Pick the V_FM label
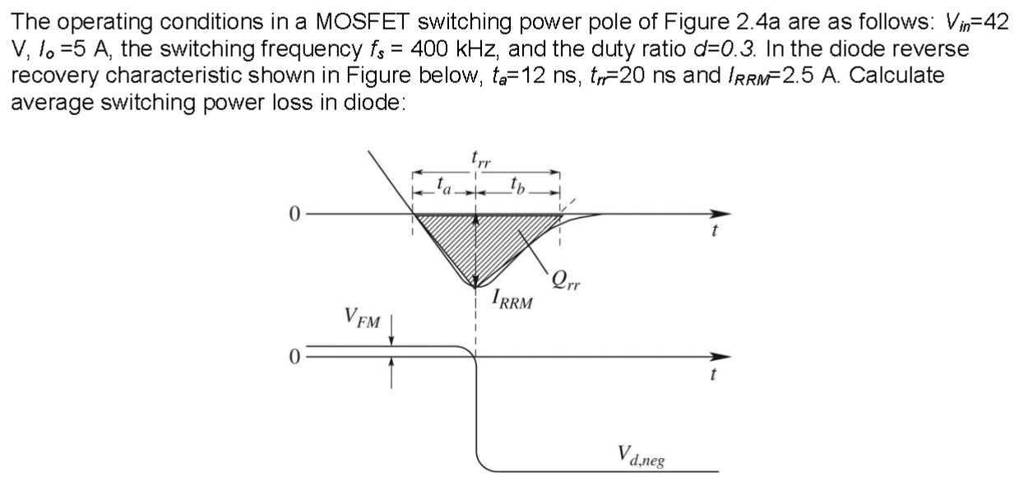[x=362, y=317]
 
